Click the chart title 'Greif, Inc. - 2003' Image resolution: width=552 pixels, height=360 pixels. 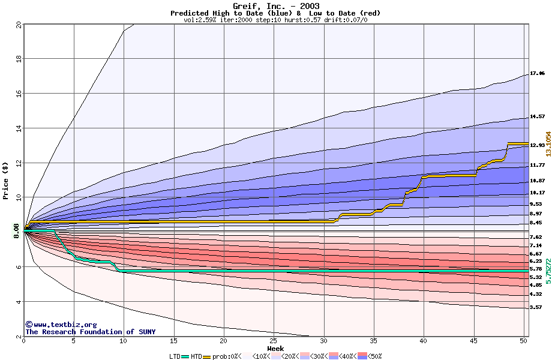pyautogui.click(x=276, y=6)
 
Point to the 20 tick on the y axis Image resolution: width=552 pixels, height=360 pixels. pyautogui.click(x=19, y=25)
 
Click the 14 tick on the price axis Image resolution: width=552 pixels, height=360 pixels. pyautogui.click(x=19, y=128)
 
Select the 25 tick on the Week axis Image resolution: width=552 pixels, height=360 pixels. pyautogui.click(x=274, y=341)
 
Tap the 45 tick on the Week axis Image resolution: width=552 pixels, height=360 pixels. pyautogui.click(x=473, y=341)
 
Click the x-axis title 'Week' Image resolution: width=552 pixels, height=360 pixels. pyautogui.click(x=275, y=348)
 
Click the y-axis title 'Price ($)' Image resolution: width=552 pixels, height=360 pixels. pyautogui.click(x=6, y=180)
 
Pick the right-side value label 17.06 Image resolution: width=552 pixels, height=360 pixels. pyautogui.click(x=537, y=73)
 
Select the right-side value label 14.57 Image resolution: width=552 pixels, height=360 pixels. pyautogui.click(x=537, y=116)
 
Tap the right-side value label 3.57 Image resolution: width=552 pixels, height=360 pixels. pyautogui.click(x=535, y=307)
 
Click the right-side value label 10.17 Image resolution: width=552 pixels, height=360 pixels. pyautogui.click(x=537, y=193)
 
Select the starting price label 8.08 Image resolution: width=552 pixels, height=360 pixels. pyautogui.click(x=17, y=230)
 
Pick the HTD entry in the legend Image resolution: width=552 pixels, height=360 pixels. pyautogui.click(x=196, y=356)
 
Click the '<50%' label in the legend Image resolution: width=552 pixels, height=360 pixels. pyautogui.click(x=374, y=356)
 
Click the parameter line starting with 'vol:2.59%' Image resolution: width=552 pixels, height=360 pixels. pyautogui.click(x=275, y=20)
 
